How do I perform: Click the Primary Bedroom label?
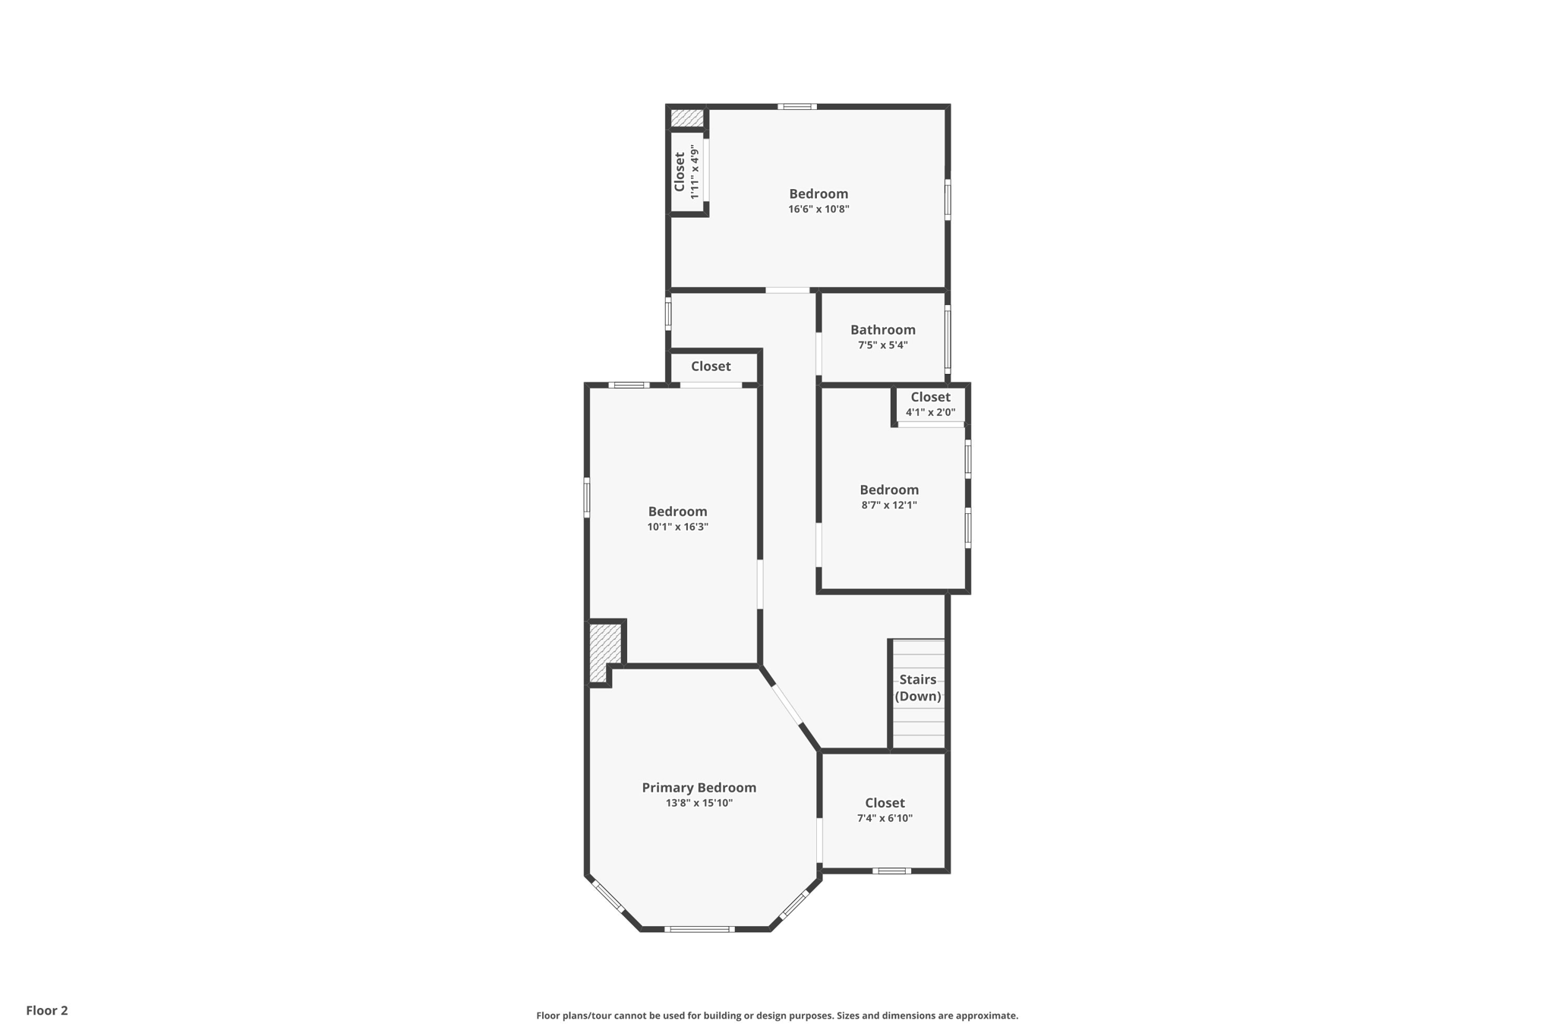pos(699,788)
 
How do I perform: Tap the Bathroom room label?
pos(882,329)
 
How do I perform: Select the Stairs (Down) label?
pos(917,688)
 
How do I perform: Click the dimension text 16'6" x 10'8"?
pos(818,209)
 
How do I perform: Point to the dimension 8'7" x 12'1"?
pos(888,505)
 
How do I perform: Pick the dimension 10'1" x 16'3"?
pos(677,527)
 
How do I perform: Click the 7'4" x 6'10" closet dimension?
pos(885,818)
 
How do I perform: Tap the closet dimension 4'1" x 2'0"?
pos(930,413)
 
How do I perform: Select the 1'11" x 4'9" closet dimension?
pos(694,172)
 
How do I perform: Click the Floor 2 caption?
pos(47,1011)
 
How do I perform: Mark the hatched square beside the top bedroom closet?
pos(686,118)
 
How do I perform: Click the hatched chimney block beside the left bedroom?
pos(604,651)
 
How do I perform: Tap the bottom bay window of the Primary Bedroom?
pos(699,929)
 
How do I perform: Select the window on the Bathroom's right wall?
pos(948,339)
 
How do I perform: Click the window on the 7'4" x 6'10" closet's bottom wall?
pos(891,871)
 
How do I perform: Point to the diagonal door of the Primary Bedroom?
pos(787,705)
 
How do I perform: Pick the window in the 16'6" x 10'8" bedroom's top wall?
pos(796,107)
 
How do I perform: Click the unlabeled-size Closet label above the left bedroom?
pos(711,367)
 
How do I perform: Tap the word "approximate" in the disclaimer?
pos(986,1016)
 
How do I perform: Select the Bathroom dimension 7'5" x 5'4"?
pos(882,345)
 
